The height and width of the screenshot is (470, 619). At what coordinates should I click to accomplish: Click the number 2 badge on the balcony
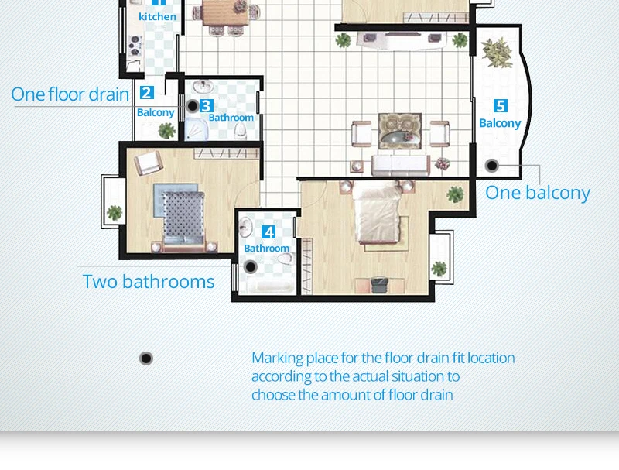pyautogui.click(x=147, y=93)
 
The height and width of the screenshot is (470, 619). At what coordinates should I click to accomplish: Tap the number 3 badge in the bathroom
pyautogui.click(x=207, y=106)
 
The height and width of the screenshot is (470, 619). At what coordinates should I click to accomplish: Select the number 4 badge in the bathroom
pyautogui.click(x=268, y=232)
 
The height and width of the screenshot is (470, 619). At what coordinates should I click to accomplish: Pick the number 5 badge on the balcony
pyautogui.click(x=500, y=106)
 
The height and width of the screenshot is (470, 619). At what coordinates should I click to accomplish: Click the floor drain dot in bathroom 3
pyautogui.click(x=193, y=106)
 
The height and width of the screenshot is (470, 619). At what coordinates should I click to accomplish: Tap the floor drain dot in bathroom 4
pyautogui.click(x=251, y=267)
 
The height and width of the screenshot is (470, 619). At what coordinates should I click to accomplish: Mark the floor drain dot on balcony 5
pyautogui.click(x=492, y=166)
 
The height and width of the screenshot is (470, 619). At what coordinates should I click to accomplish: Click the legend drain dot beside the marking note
pyautogui.click(x=146, y=359)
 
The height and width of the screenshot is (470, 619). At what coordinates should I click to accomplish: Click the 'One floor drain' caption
pyautogui.click(x=70, y=94)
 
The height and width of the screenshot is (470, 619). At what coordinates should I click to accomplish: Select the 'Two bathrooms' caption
pyautogui.click(x=149, y=282)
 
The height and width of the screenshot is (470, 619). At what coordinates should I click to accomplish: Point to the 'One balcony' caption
pyautogui.click(x=538, y=193)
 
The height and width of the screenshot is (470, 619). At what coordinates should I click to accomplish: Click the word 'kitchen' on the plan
pyautogui.click(x=158, y=16)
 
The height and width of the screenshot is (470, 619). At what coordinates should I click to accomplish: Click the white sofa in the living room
pyautogui.click(x=401, y=165)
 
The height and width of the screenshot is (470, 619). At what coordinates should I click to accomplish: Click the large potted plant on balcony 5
pyautogui.click(x=497, y=52)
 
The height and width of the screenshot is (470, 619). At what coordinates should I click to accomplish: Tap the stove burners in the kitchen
pyautogui.click(x=135, y=46)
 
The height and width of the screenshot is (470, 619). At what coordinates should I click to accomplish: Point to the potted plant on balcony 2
pyautogui.click(x=166, y=131)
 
